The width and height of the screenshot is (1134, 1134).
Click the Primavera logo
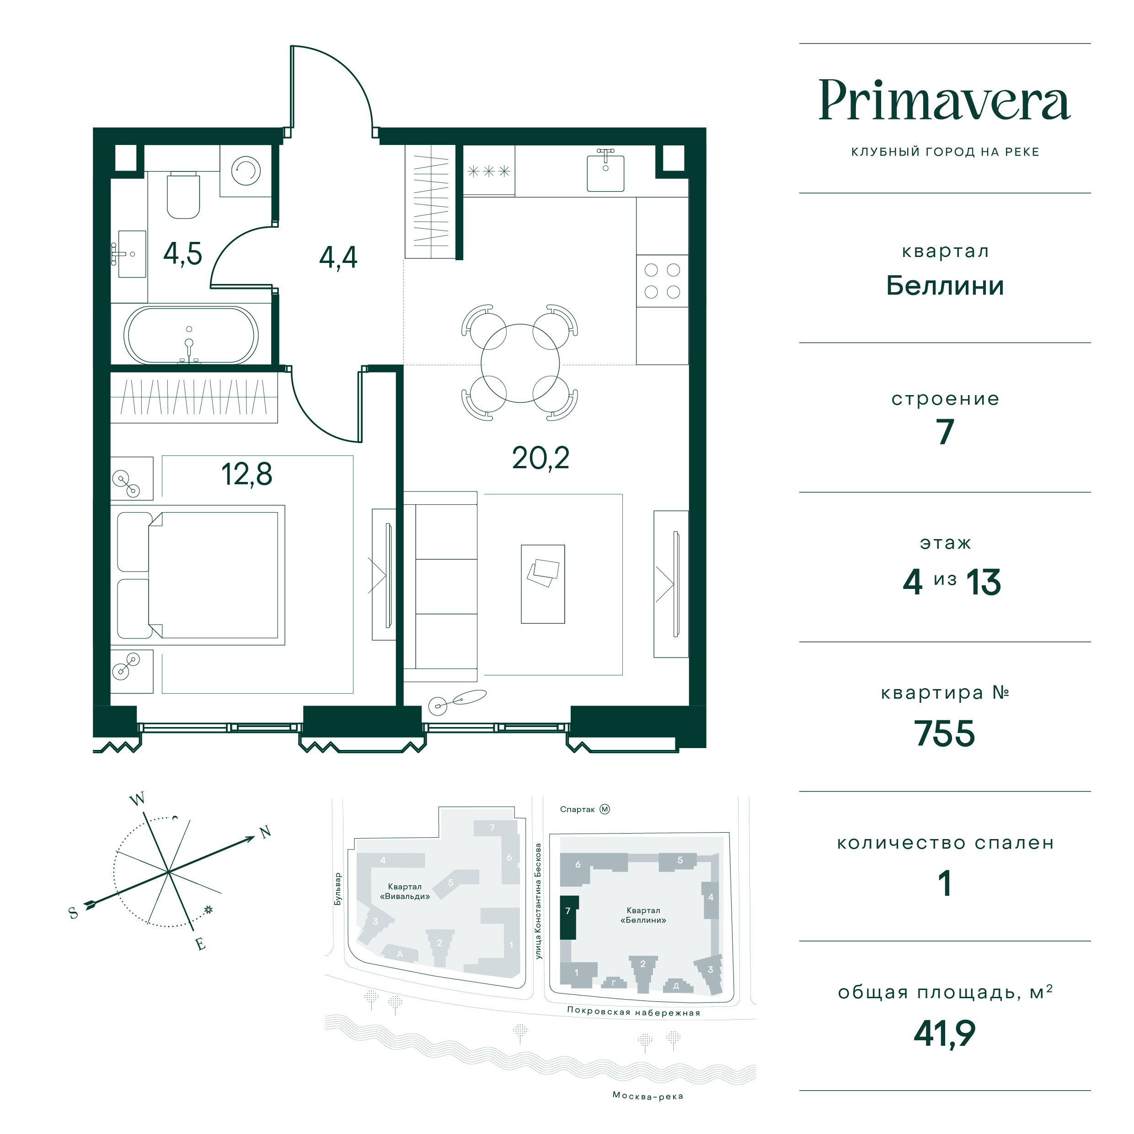pyautogui.click(x=944, y=101)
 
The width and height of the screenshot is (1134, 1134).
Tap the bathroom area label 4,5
pyautogui.click(x=182, y=254)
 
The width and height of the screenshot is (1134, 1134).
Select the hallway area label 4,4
pyautogui.click(x=338, y=257)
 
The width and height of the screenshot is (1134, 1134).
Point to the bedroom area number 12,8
pyautogui.click(x=246, y=474)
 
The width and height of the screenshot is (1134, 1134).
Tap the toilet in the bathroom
pyautogui.click(x=184, y=195)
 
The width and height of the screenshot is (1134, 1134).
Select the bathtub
pyautogui.click(x=191, y=335)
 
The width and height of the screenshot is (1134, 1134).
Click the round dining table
pyautogui.click(x=520, y=364)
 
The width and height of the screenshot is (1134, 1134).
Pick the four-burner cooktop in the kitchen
pyautogui.click(x=662, y=281)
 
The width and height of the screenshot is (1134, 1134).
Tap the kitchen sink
pyautogui.click(x=606, y=171)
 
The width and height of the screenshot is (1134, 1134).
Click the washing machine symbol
pyautogui.click(x=246, y=171)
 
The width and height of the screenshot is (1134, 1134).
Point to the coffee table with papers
pyautogui.click(x=543, y=584)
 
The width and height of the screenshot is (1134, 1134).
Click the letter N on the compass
pyautogui.click(x=265, y=832)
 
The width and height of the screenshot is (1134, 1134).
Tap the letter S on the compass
pyautogui.click(x=73, y=913)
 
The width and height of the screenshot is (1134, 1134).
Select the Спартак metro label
pyautogui.click(x=578, y=809)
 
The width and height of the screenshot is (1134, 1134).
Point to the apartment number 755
pyautogui.click(x=944, y=733)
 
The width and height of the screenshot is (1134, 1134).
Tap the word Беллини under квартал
pyautogui.click(x=944, y=286)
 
